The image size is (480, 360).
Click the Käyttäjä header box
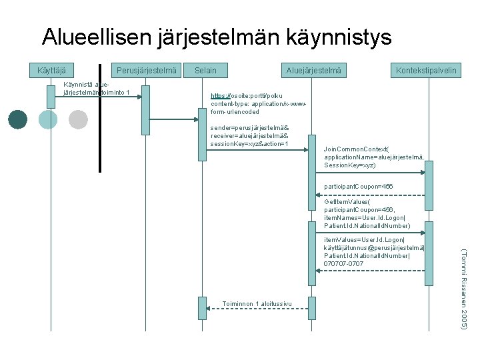tap(51, 70)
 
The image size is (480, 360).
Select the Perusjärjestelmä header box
tap(146, 70)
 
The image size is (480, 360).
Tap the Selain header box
tap(205, 70)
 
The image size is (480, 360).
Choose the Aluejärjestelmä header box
tap(313, 70)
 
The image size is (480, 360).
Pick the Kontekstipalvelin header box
tap(426, 70)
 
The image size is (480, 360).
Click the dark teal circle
tap(18, 119)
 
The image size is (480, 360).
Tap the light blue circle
tap(48, 119)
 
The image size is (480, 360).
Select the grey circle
tap(78, 119)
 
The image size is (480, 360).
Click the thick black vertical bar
tap(100, 117)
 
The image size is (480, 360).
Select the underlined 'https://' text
tap(221, 96)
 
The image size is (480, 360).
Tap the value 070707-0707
tap(344, 263)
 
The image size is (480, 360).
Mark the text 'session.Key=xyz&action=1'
tap(249, 143)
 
